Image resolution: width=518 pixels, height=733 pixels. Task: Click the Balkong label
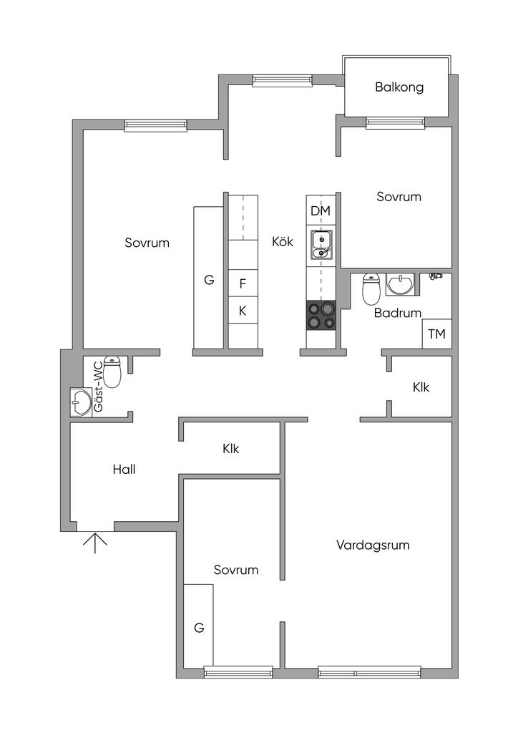click(399, 87)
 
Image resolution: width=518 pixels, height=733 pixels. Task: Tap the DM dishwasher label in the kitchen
click(320, 211)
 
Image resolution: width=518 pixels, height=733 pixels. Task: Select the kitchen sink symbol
click(321, 246)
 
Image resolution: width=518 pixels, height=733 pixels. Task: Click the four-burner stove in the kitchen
click(321, 315)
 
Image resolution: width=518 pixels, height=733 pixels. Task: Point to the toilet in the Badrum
click(371, 288)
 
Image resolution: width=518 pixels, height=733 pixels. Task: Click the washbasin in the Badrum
click(399, 285)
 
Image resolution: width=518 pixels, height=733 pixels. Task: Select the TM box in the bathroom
click(436, 334)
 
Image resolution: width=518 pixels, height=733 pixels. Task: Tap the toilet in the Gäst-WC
click(113, 373)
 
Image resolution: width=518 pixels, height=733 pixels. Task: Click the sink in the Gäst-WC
click(80, 402)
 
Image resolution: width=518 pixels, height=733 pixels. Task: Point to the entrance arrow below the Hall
click(94, 543)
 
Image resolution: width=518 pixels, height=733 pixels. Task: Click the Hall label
click(124, 470)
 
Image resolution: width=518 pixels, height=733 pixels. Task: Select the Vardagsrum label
click(373, 545)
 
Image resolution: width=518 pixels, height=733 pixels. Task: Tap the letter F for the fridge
click(243, 283)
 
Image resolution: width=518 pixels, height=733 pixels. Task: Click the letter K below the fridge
click(243, 311)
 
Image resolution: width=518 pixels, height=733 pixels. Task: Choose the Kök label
click(283, 241)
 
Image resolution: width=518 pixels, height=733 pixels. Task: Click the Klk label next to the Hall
click(230, 450)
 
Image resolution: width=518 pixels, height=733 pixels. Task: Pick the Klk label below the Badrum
click(421, 387)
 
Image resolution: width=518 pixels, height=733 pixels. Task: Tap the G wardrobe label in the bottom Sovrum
click(199, 628)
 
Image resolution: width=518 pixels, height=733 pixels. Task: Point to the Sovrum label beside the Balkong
click(399, 197)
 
